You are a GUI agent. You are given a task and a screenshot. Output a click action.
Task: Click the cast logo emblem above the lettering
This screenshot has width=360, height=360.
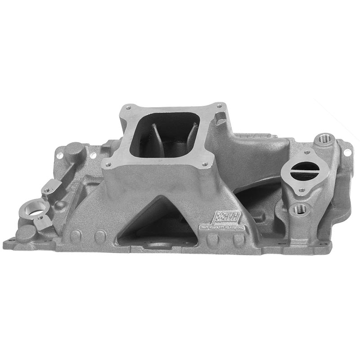point(228,217)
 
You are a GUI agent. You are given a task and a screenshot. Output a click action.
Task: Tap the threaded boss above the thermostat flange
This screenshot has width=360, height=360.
point(323,138)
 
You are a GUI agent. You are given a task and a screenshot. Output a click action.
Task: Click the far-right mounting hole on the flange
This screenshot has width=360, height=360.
point(347,152)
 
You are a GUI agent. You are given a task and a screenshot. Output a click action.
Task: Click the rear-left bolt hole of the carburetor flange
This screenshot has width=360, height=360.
point(128,108)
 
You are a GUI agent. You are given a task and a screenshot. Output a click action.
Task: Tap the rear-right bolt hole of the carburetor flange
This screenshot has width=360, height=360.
point(219,106)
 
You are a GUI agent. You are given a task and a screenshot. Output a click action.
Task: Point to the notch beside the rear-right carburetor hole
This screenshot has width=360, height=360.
point(220,118)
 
